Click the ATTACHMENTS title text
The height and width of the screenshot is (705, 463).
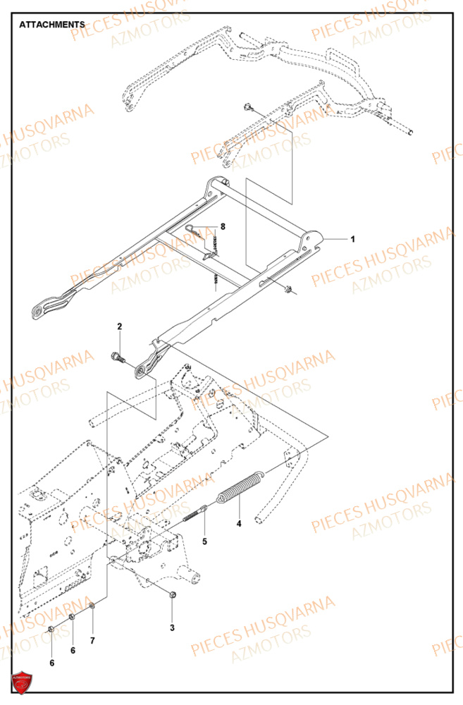pyautogui.click(x=52, y=25)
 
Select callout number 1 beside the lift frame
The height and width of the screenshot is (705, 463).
pyautogui.click(x=353, y=239)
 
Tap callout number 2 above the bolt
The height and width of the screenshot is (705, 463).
pyautogui.click(x=119, y=326)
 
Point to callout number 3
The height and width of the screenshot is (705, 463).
pyautogui.click(x=171, y=627)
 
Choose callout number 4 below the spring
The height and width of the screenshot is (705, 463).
pyautogui.click(x=239, y=524)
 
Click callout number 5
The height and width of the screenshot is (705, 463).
pyautogui.click(x=204, y=541)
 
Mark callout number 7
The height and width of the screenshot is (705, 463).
pyautogui.click(x=92, y=640)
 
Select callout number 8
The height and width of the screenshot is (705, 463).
pyautogui.click(x=223, y=227)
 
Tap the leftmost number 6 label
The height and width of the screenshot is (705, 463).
pyautogui.click(x=51, y=663)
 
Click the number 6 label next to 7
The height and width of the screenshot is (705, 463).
pyautogui.click(x=72, y=650)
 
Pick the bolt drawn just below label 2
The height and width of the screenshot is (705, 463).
pyautogui.click(x=118, y=357)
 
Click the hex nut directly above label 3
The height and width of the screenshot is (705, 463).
pyautogui.click(x=173, y=596)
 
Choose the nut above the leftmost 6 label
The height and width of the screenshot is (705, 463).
pyautogui.click(x=52, y=628)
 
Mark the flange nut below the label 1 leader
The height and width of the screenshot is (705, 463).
pyautogui.click(x=290, y=288)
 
